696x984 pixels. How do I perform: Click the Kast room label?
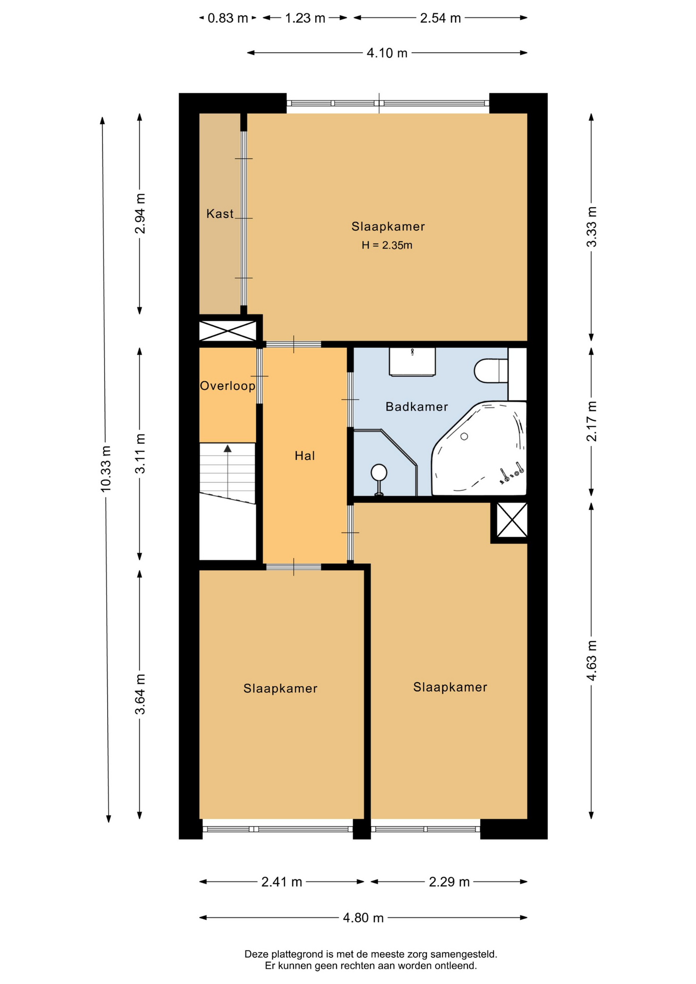pyautogui.click(x=220, y=214)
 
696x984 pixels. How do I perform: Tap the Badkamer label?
pyautogui.click(x=417, y=406)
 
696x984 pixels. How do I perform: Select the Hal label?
pyautogui.click(x=304, y=456)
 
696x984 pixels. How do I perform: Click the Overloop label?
pyautogui.click(x=228, y=386)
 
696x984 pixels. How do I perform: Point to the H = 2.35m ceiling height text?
pyautogui.click(x=387, y=245)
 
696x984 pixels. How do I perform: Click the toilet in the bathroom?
pyautogui.click(x=491, y=371)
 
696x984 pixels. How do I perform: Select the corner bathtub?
pyautogui.click(x=479, y=449)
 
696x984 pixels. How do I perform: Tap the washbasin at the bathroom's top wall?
pyautogui.click(x=412, y=362)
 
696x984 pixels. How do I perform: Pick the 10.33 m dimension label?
pyautogui.click(x=106, y=469)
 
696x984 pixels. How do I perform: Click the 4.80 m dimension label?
pyautogui.click(x=363, y=918)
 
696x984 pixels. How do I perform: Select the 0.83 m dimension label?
pyautogui.click(x=228, y=18)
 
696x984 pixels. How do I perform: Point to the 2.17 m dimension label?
pyautogui.click(x=592, y=421)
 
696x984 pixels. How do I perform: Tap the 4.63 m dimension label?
pyautogui.click(x=592, y=661)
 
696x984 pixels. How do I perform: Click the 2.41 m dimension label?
pyautogui.click(x=282, y=882)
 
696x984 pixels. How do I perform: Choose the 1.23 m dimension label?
pyautogui.click(x=305, y=18)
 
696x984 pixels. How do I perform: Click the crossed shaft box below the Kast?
pyautogui.click(x=228, y=331)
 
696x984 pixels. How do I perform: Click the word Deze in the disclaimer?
pyautogui.click(x=256, y=954)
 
